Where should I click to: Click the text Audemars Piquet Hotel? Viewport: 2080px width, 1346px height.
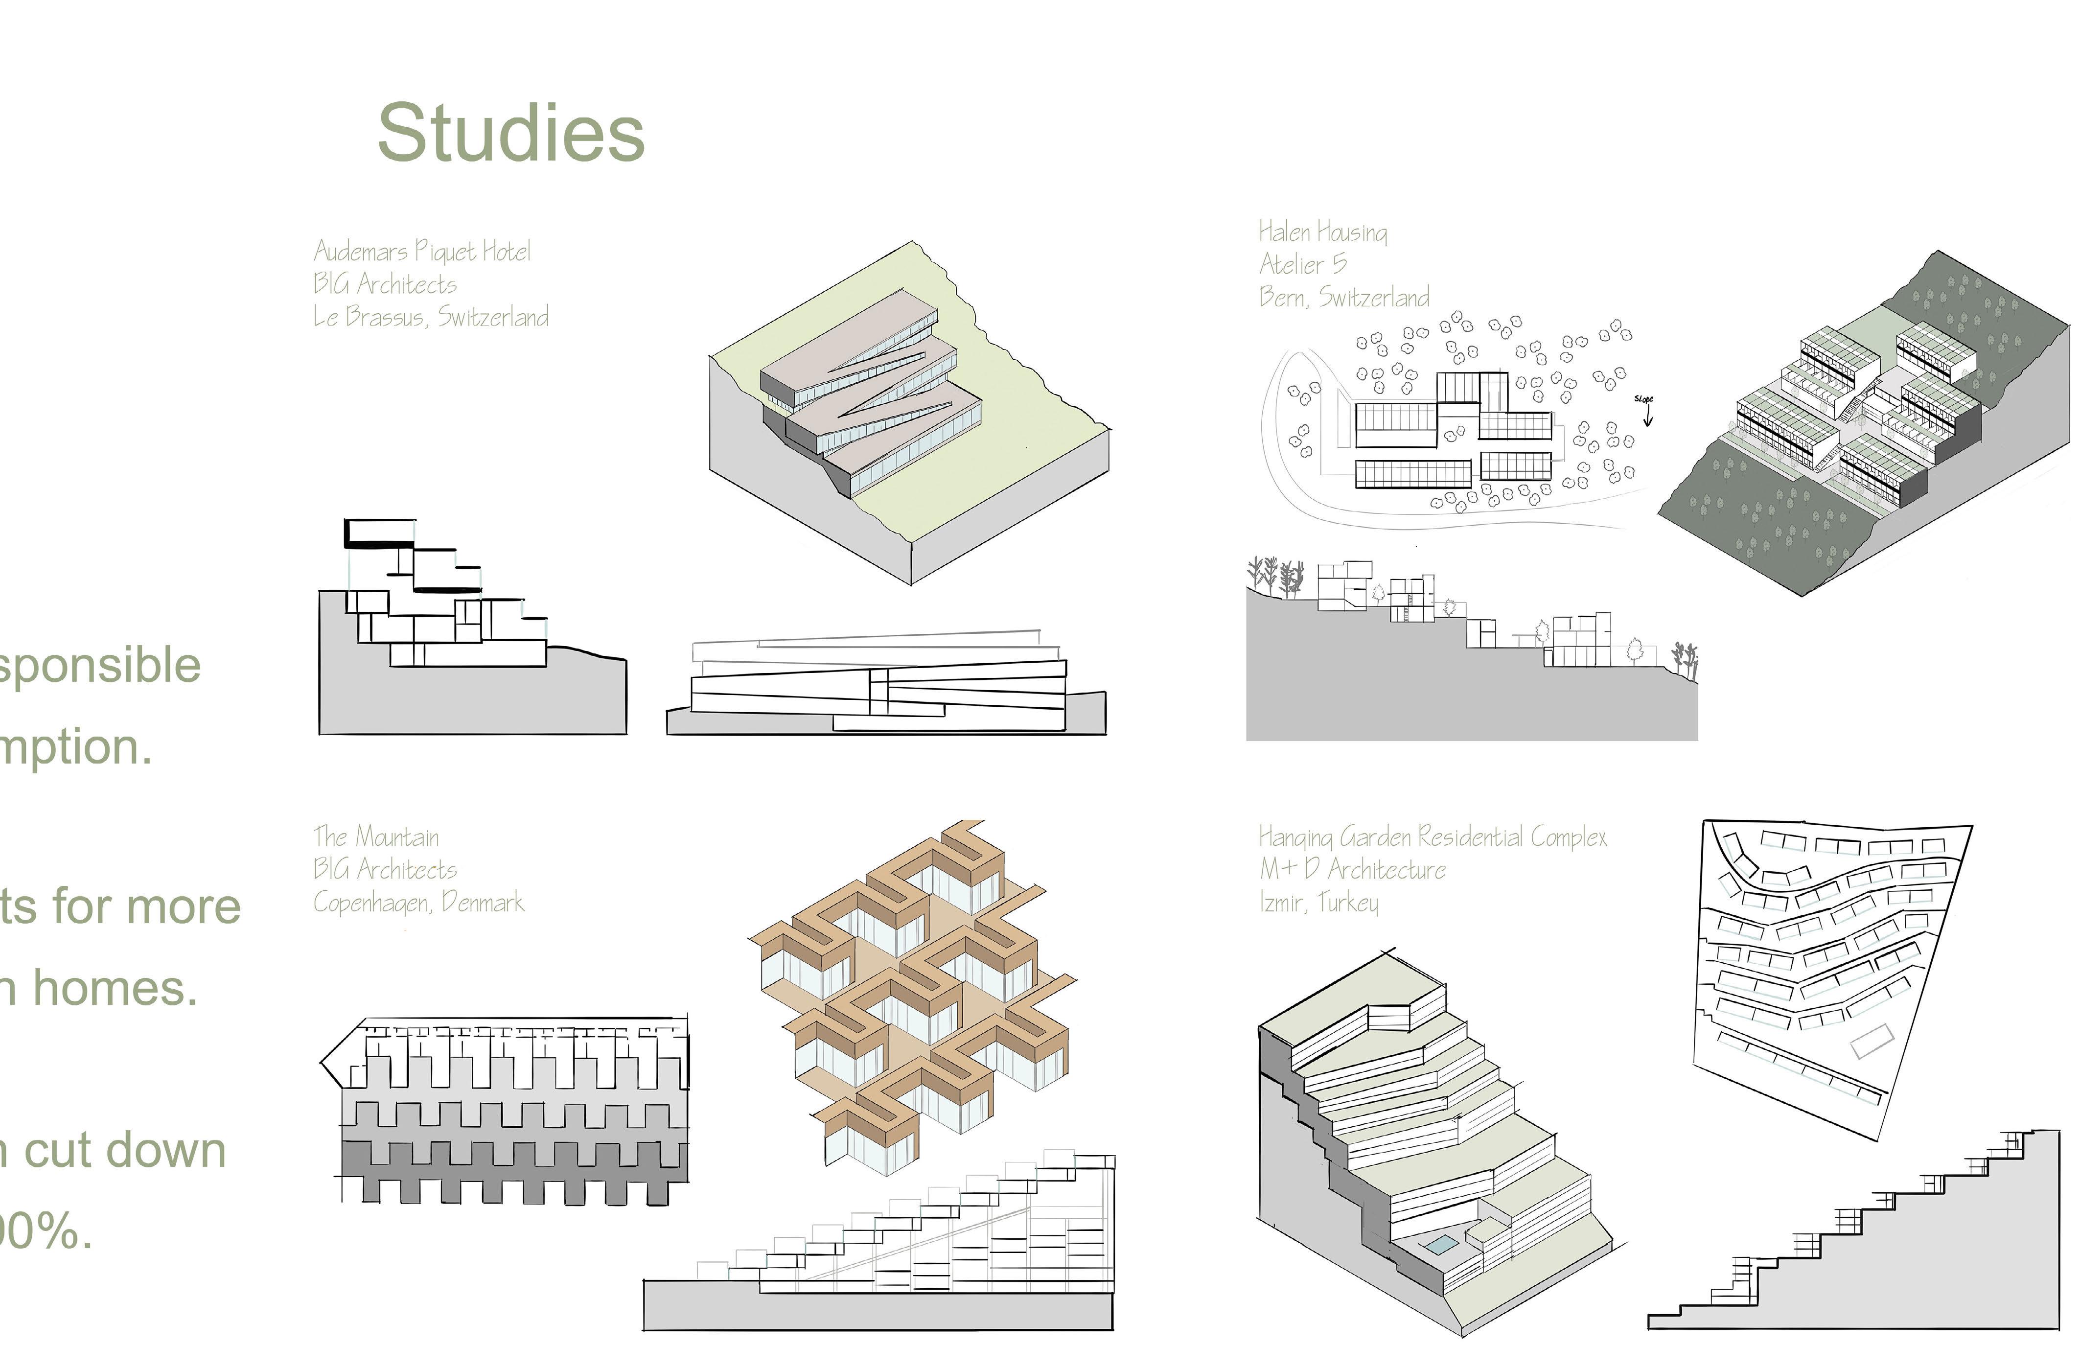(421, 252)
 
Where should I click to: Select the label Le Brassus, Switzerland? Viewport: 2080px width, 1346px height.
(431, 316)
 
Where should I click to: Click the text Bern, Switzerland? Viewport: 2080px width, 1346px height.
(1343, 297)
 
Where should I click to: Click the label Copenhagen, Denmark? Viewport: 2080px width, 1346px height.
(418, 902)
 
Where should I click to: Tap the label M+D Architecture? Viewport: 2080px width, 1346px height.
(1352, 870)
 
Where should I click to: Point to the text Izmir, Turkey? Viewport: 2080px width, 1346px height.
(1318, 902)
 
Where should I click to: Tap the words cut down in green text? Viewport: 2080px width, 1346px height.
(124, 1150)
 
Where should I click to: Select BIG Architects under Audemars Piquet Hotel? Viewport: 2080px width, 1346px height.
(385, 284)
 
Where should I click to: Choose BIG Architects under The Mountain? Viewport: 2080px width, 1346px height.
(385, 870)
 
